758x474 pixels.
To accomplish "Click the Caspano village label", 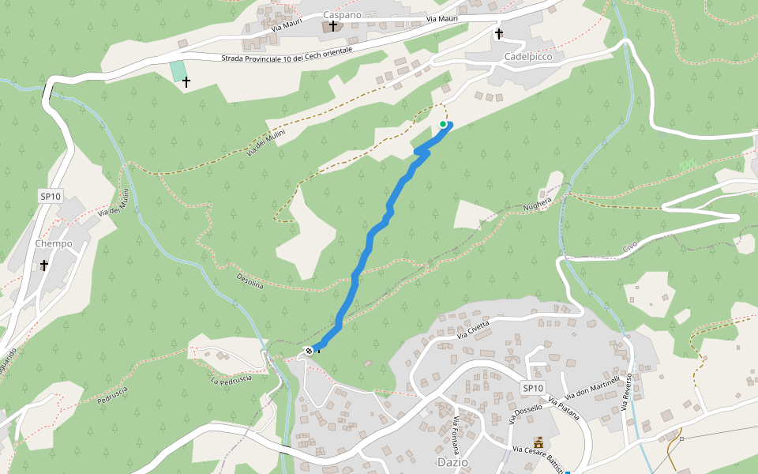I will tap(343, 14).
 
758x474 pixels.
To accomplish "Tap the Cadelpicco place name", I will tap(527, 57).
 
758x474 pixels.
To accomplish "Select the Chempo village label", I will tap(54, 243).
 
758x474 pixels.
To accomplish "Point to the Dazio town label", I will tap(452, 461).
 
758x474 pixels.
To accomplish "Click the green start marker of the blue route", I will tap(443, 124).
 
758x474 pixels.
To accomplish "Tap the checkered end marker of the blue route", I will tap(309, 351).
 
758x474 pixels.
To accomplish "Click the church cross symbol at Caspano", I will tap(333, 26).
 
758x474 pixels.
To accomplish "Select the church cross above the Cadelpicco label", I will tap(499, 33).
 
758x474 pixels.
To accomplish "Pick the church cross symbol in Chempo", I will tap(44, 265).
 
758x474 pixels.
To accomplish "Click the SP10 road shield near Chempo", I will tap(50, 196).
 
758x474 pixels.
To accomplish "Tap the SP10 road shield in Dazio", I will tap(533, 388).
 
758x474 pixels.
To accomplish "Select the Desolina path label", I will tap(250, 280).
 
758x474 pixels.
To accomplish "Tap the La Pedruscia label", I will tap(231, 379).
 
